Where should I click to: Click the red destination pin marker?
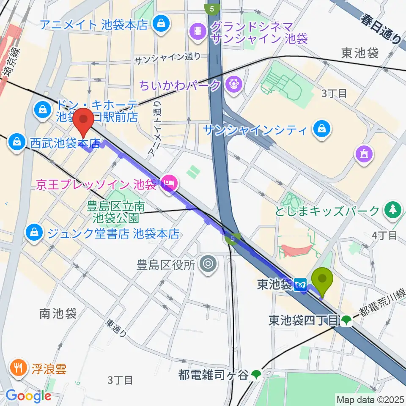coord(84,122)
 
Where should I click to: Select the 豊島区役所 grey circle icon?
coord(208,264)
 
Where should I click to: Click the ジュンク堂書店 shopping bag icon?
coord(33,232)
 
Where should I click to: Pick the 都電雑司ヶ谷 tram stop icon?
coord(256,374)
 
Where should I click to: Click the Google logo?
coord(28,396)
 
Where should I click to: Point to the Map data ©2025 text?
coord(370,399)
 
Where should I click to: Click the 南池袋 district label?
coord(58,313)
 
